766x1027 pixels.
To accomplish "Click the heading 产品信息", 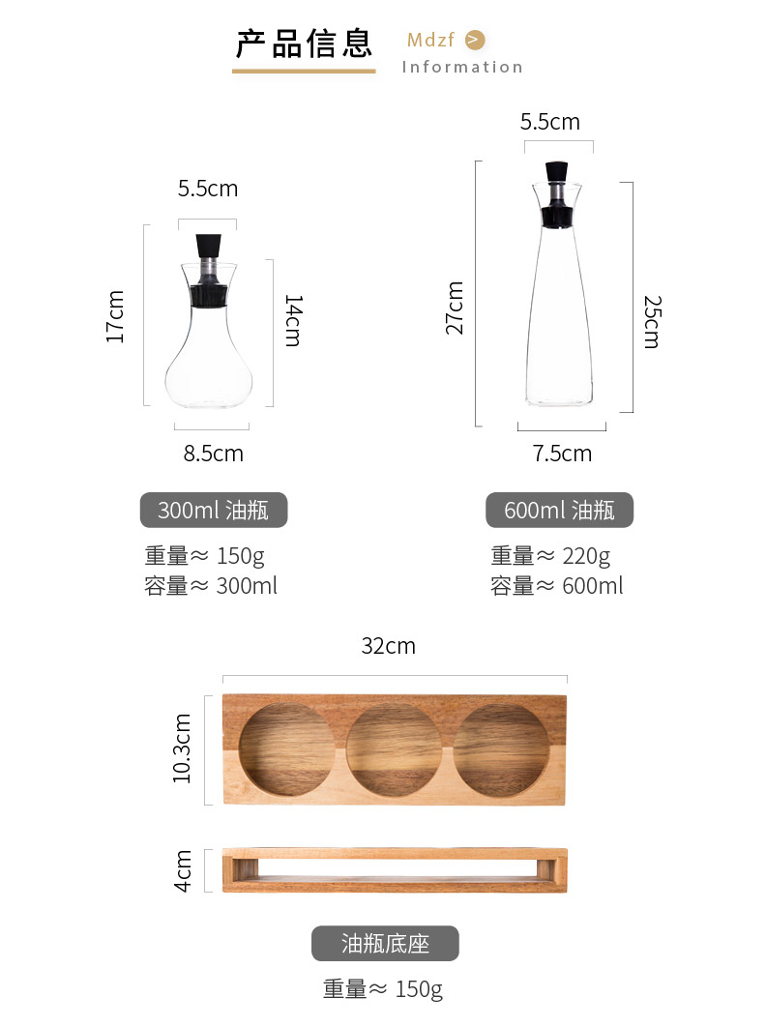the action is point(304,44).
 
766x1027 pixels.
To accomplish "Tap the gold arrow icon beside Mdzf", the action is point(475,40).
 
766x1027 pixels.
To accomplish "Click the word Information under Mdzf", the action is point(462,67).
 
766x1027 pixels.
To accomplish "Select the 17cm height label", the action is point(115,316).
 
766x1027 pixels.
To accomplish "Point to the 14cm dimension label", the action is point(294,320).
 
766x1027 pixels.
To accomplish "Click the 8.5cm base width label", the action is point(214,454).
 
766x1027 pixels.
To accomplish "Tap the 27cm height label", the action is point(455,308).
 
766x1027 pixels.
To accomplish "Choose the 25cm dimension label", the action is point(653,322).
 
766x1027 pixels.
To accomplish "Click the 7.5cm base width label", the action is point(562,454).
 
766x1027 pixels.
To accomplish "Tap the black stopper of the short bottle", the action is point(208,247).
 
